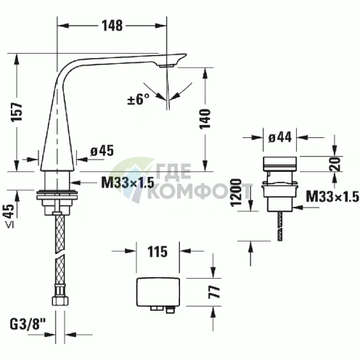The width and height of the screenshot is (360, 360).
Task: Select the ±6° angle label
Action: click(139, 100)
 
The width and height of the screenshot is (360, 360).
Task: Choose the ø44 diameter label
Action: click(280, 136)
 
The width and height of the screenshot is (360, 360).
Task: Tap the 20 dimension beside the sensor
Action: click(335, 164)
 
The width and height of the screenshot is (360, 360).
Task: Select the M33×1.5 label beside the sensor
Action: click(332, 197)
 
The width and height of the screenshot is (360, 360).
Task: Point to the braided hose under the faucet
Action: click(56, 247)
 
